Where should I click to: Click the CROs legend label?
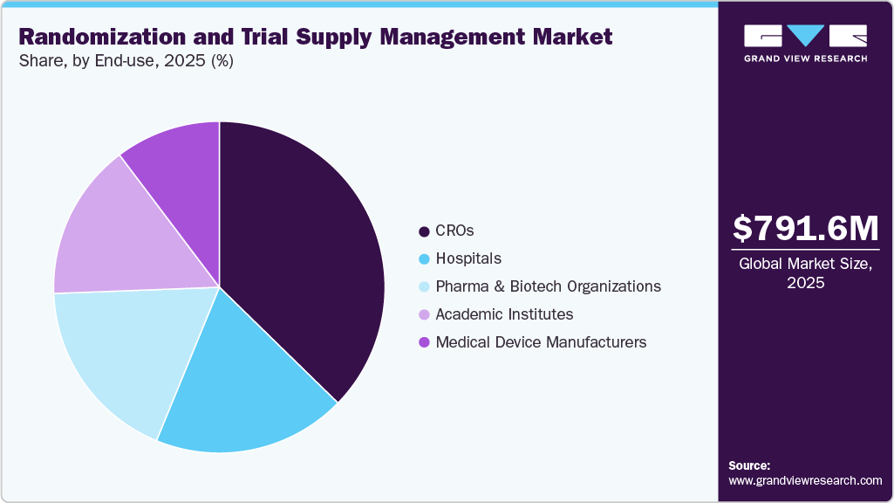pos(454,231)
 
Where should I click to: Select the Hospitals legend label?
pos(468,258)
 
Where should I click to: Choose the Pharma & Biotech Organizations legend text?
pos(548,286)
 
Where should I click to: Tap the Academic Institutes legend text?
pos(504,314)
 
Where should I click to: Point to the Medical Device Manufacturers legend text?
pos(541,342)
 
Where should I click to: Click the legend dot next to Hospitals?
pos(424,259)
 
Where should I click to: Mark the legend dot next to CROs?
pos(424,231)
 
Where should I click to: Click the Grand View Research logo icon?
pos(805,36)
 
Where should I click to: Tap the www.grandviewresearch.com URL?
pos(805,480)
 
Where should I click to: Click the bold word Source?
pos(749,465)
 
